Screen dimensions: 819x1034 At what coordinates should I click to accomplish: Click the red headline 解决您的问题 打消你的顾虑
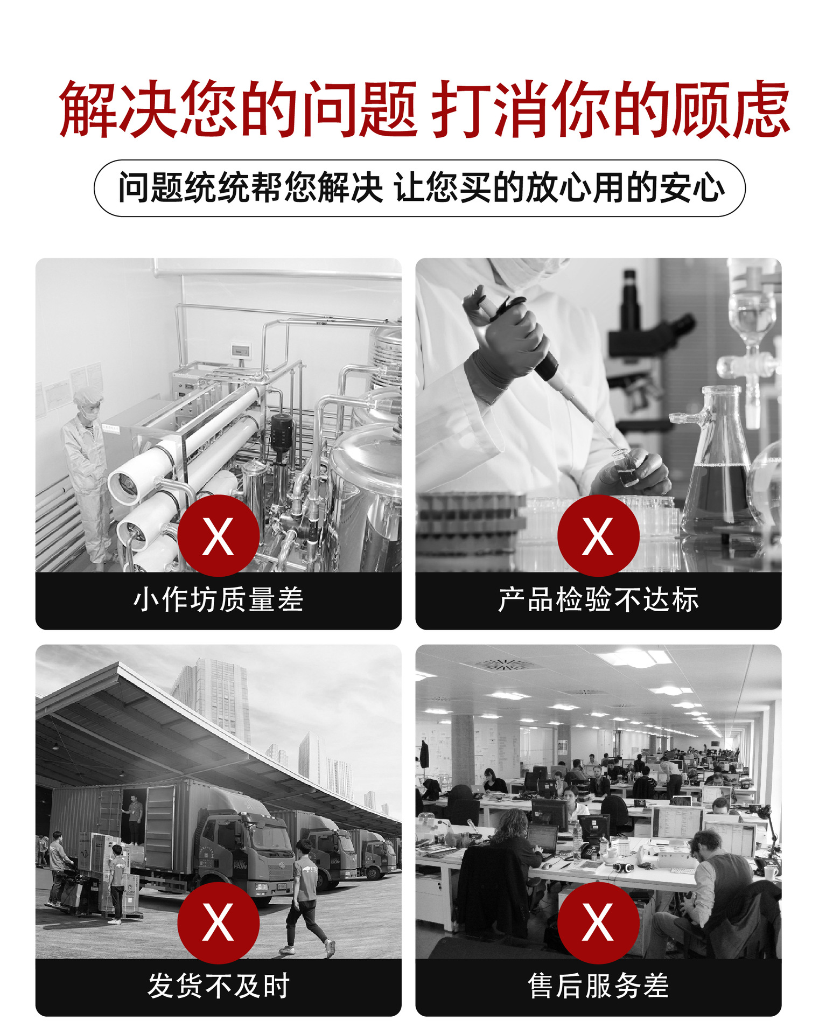tap(424, 109)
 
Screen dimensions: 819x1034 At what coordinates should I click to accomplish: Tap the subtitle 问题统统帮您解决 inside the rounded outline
tap(250, 188)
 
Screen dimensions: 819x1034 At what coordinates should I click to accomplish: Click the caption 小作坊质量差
tap(219, 599)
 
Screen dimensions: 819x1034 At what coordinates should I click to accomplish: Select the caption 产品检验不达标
tap(598, 599)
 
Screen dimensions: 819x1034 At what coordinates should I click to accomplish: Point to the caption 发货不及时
tap(219, 986)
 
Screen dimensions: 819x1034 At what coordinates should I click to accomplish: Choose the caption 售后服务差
tap(598, 986)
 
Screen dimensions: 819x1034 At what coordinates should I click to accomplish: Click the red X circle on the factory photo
tap(219, 536)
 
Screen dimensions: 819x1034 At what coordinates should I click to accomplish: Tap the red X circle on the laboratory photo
tap(598, 536)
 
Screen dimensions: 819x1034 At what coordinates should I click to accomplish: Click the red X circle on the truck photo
tap(219, 923)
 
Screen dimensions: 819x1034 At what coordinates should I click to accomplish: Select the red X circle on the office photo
tap(598, 923)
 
